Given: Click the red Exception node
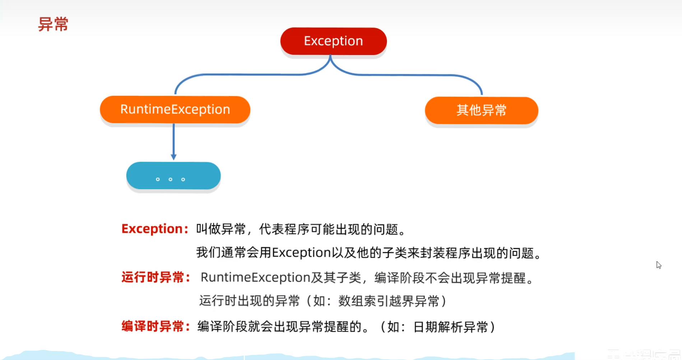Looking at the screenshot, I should point(333,41).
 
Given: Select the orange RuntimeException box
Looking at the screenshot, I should point(175,110).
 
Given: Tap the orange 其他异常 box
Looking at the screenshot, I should point(481,110).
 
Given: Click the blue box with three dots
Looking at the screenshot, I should point(173,176).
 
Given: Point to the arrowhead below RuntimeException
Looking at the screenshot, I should point(173,157).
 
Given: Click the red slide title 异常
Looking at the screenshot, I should point(53,24).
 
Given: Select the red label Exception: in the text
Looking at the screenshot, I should point(155,229).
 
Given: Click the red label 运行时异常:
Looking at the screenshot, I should point(156,277).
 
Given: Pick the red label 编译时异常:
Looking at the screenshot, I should point(156,326).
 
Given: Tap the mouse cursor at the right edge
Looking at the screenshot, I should point(658,265).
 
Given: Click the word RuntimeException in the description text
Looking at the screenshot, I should point(255,277).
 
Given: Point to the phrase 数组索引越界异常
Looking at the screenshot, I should point(389,301).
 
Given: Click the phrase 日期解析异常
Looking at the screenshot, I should point(451,327).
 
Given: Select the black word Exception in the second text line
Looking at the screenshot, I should point(301,253).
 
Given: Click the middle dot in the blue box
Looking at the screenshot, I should point(170,179).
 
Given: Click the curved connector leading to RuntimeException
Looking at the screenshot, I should point(244,75).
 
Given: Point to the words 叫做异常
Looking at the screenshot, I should point(221,229).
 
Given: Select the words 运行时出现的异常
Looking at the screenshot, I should point(249,301).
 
